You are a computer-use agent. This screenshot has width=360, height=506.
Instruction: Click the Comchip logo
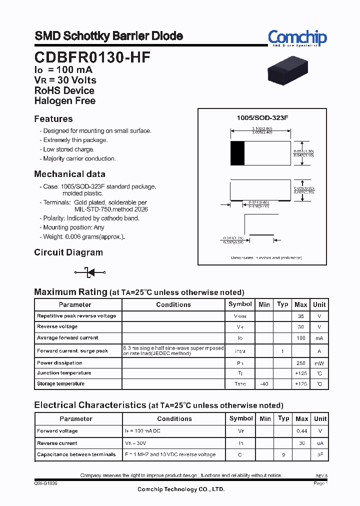[297, 38]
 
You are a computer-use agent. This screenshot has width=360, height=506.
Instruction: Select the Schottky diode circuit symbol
[90, 272]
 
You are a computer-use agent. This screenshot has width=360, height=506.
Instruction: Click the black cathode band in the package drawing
[237, 153]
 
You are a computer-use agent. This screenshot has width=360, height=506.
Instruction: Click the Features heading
[53, 119]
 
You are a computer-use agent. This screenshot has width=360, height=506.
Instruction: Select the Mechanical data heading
[69, 174]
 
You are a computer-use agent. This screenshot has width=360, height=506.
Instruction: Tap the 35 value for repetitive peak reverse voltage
[301, 316]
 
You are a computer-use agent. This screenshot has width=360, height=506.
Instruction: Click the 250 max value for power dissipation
[301, 363]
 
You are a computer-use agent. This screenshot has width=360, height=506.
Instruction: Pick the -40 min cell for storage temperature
[264, 384]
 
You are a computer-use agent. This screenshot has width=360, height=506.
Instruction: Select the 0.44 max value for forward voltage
[301, 431]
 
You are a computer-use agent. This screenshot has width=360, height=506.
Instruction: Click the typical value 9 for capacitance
[283, 454]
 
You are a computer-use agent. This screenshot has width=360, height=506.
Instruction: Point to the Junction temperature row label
[64, 373]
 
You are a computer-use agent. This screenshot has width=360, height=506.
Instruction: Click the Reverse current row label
[57, 443]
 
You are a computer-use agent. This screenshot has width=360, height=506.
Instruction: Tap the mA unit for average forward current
[319, 338]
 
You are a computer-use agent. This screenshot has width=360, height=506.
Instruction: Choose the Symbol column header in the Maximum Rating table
[240, 304]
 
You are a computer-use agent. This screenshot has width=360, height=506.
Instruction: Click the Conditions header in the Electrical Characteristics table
[174, 419]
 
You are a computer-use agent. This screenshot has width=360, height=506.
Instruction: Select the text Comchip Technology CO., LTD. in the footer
[181, 489]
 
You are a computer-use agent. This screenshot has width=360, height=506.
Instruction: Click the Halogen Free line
[64, 100]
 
